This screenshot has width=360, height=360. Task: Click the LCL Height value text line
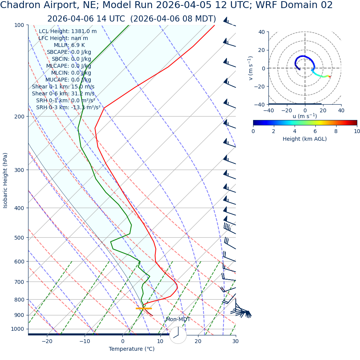(x=68, y=32)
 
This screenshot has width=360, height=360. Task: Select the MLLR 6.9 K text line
(x=69, y=45)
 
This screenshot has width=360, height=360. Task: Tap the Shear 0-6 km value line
(x=63, y=94)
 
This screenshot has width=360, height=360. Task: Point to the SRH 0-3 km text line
(x=68, y=108)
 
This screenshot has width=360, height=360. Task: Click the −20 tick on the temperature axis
(x=47, y=341)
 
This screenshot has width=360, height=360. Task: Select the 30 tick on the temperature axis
(x=235, y=341)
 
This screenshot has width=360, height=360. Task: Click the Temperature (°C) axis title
(x=132, y=349)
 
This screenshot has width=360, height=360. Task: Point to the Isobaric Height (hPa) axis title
(x=5, y=180)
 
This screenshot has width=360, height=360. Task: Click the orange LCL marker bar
(x=144, y=308)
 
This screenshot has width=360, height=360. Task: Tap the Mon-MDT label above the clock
(x=178, y=320)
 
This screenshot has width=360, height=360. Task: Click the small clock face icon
(x=178, y=335)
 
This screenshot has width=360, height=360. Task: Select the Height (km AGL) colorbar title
(x=305, y=139)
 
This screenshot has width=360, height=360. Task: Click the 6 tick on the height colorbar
(x=315, y=131)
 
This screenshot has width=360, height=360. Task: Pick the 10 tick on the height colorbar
(x=357, y=131)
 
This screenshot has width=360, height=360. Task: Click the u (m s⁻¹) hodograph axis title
(x=305, y=116)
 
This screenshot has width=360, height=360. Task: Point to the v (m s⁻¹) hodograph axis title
(x=251, y=68)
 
